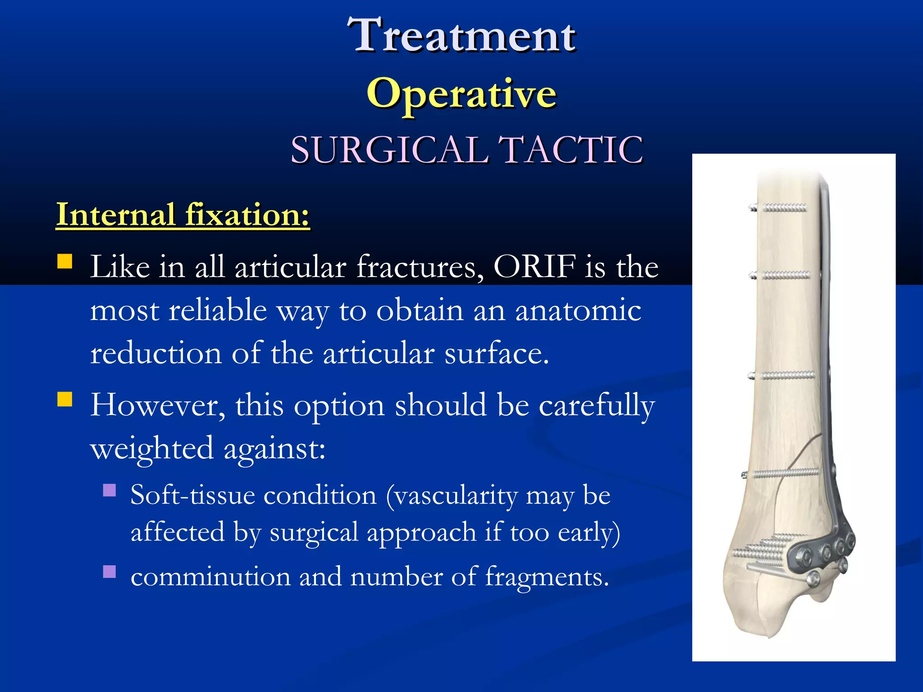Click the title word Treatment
pyautogui.click(x=461, y=35)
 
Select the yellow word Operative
pyautogui.click(x=461, y=94)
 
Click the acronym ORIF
pyautogui.click(x=535, y=267)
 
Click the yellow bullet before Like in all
pyautogui.click(x=65, y=261)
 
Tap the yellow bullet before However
pyautogui.click(x=65, y=399)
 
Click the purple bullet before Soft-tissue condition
pyautogui.click(x=110, y=490)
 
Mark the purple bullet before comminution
pyautogui.click(x=110, y=572)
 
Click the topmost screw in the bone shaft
pyautogui.click(x=780, y=208)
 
